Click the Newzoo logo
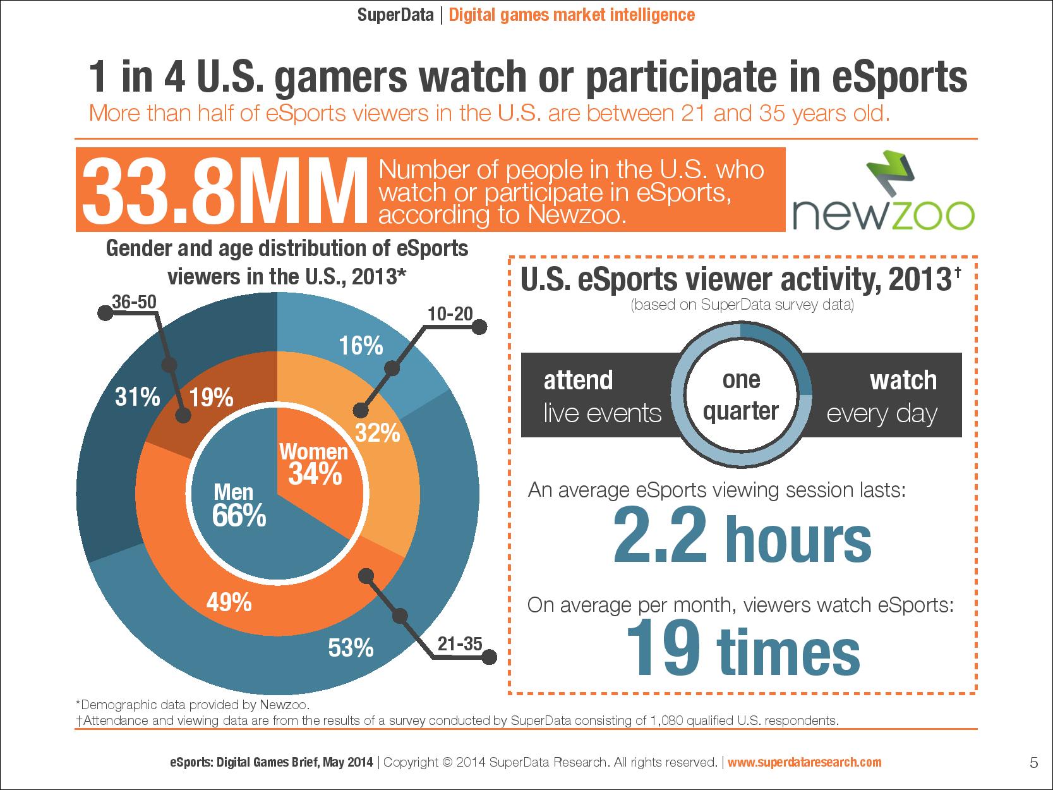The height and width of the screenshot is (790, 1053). pos(883,190)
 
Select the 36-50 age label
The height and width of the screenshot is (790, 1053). pos(133,302)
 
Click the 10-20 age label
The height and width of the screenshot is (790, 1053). pos(450,313)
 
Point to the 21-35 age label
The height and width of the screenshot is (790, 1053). pos(459,644)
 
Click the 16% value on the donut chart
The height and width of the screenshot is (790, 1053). pos(361,346)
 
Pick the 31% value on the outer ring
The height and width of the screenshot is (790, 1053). pos(137,398)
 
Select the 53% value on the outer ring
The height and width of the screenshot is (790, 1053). pos(351,648)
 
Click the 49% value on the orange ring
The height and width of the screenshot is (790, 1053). pos(229,603)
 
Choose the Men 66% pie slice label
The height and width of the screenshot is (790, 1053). pos(238,505)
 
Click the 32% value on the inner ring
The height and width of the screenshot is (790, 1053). pos(377,434)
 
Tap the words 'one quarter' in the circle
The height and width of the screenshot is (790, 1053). pos(741,396)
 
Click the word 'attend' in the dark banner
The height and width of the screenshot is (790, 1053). pos(578,380)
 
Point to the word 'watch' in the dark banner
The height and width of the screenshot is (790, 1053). pos(903,380)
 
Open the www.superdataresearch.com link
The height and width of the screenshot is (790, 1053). pos(804,762)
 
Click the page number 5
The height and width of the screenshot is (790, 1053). pos(1033,762)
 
